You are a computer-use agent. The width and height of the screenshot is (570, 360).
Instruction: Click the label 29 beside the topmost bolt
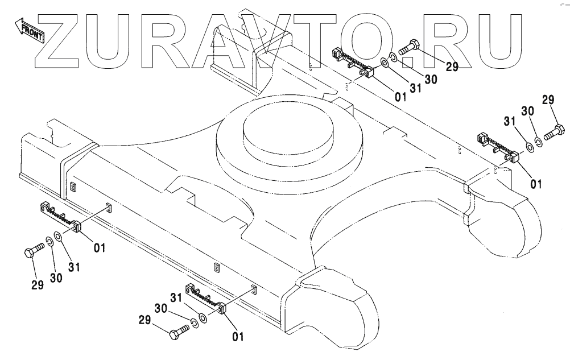(x=452, y=67)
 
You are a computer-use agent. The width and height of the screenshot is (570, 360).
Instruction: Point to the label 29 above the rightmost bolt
(x=548, y=101)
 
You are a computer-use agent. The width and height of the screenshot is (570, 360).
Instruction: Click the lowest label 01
(x=238, y=337)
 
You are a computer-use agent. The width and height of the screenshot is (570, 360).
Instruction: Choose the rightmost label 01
(x=536, y=184)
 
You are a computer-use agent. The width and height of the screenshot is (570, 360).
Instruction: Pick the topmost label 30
(x=431, y=80)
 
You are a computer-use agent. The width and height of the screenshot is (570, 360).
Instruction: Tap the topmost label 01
(x=401, y=97)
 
